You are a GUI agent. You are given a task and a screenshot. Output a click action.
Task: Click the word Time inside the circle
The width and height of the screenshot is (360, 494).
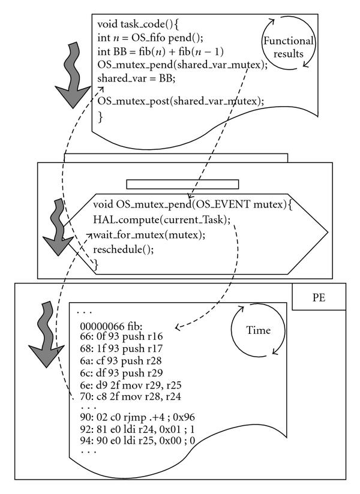pos(257,330)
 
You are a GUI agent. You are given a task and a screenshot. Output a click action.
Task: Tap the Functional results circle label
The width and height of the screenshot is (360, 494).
pos(287,47)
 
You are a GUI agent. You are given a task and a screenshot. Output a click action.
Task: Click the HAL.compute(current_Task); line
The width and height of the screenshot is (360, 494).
pos(161,219)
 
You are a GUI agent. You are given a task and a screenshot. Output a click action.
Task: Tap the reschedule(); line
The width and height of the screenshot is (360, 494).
pos(124,249)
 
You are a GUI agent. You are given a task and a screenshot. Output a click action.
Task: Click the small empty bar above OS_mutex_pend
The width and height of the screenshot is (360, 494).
pos(182,183)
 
